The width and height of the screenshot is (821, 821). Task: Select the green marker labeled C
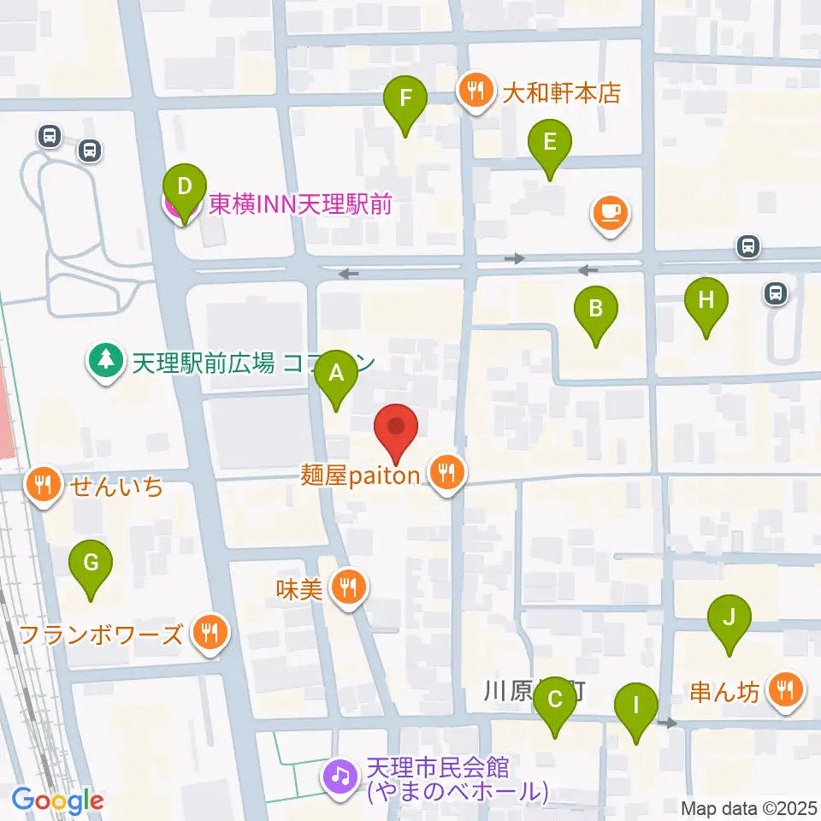[555, 701]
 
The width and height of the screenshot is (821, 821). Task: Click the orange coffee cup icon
[609, 212]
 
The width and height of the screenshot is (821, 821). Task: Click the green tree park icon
[105, 360]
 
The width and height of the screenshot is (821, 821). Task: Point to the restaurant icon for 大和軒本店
[474, 89]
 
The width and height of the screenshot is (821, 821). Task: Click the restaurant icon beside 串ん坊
[784, 688]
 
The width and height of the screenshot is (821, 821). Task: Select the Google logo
[58, 801]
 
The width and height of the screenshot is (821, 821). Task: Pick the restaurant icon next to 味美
[348, 588]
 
